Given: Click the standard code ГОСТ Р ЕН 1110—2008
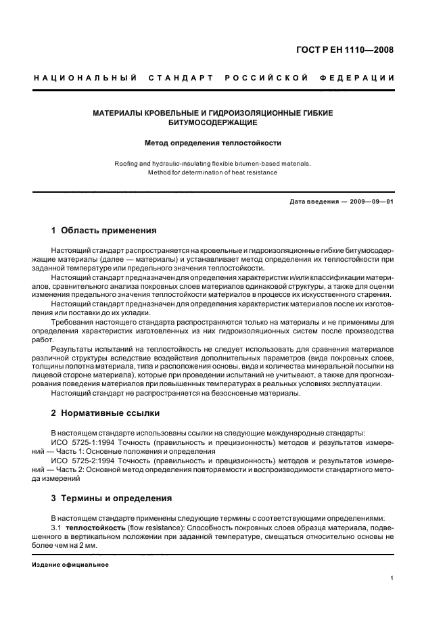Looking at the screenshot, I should pos(345,49).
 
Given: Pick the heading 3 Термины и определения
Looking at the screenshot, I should pos(111,498).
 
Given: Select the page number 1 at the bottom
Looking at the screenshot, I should pos(392,578).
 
